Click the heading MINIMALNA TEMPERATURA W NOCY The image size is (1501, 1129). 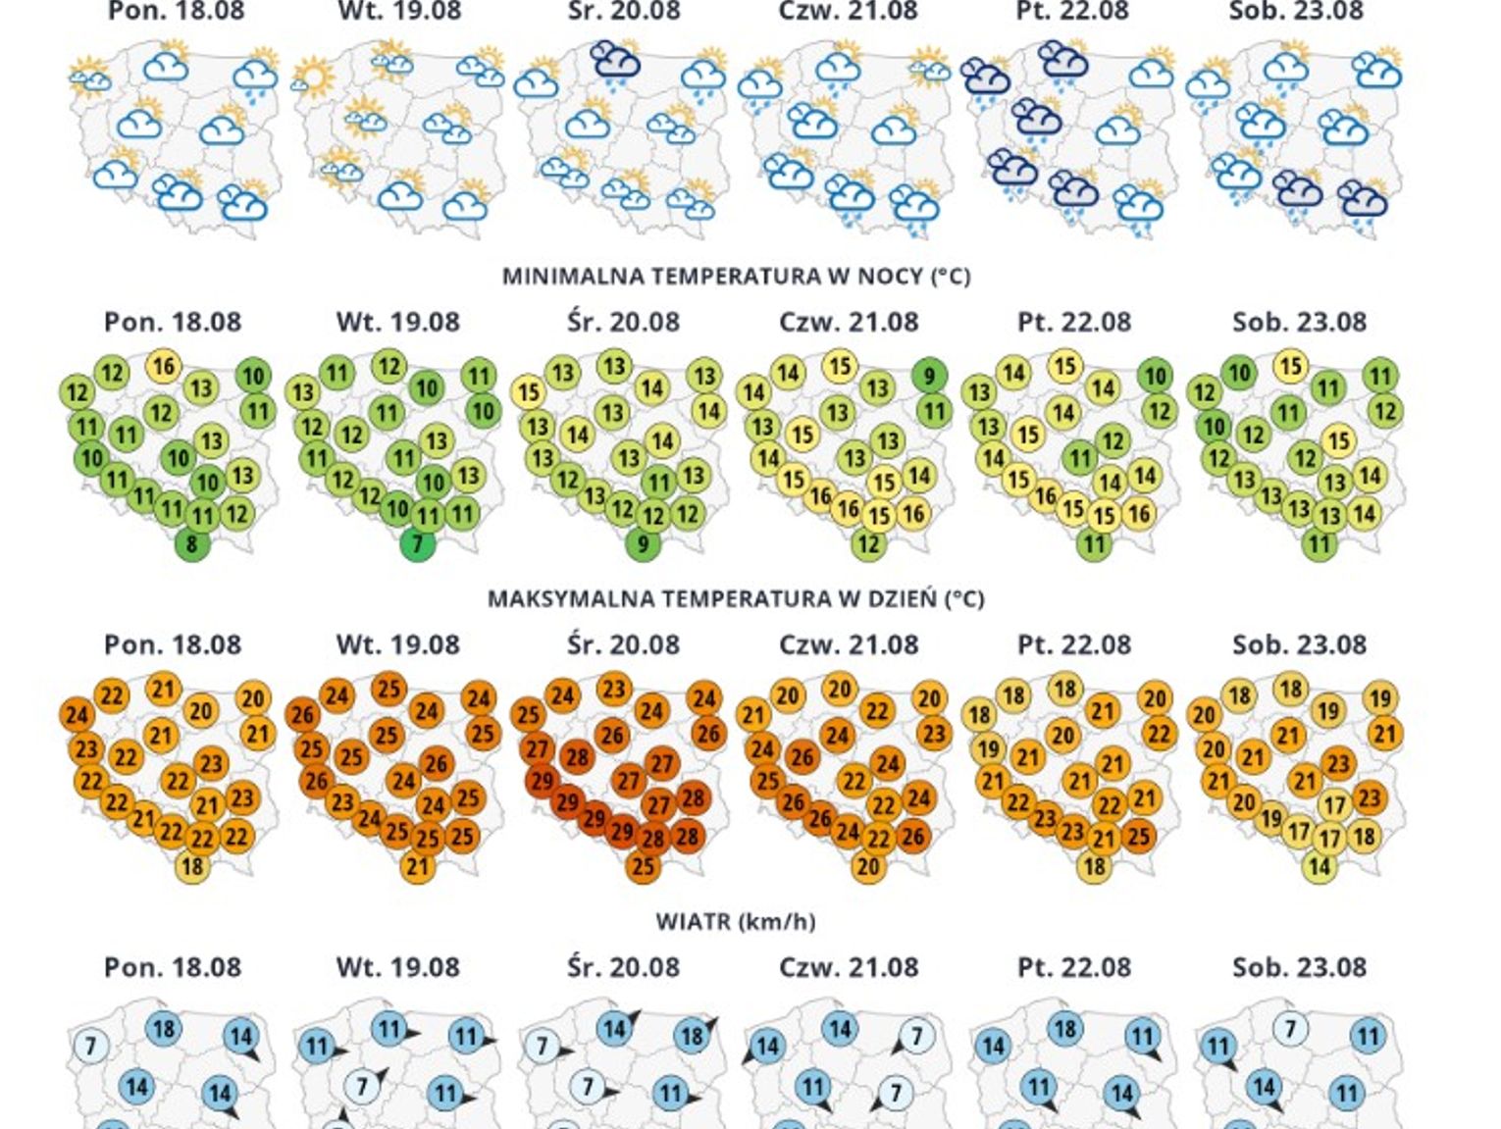(x=736, y=277)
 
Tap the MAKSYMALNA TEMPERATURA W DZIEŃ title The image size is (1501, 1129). (x=736, y=598)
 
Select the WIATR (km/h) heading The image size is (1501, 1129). (x=736, y=921)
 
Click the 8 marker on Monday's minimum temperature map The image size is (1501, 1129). (x=192, y=544)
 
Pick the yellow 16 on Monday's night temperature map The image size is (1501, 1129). (x=164, y=366)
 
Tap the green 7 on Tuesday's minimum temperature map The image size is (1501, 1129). (x=418, y=544)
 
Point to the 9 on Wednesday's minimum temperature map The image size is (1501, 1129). (x=643, y=544)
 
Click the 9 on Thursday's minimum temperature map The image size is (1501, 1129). (x=929, y=375)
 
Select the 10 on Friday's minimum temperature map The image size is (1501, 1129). (x=1155, y=375)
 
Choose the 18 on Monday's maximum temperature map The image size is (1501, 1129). (x=192, y=866)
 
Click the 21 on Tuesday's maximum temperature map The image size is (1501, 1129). (x=418, y=866)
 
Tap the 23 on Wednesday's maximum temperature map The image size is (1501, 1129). (x=614, y=689)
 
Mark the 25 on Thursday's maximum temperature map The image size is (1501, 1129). (x=767, y=782)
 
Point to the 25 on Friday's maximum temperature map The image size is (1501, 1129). (x=1137, y=837)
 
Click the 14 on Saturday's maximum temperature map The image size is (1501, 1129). (x=1320, y=866)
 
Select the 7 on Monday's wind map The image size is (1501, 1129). (x=91, y=1046)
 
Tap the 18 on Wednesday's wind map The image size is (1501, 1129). (x=692, y=1036)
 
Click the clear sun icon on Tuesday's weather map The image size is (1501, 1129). (x=314, y=77)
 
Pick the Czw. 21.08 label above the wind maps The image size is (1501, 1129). (x=849, y=967)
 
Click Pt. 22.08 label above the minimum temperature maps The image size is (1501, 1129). (x=1074, y=322)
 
